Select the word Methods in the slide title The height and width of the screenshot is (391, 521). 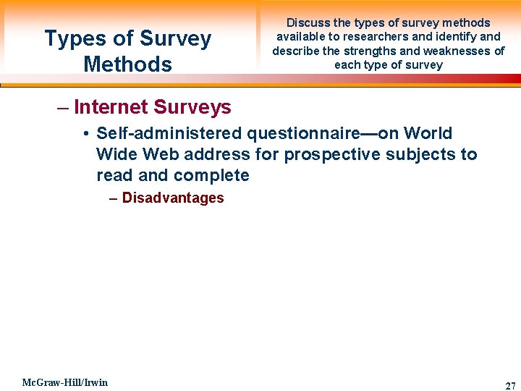[x=127, y=64]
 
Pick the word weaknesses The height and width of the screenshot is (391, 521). [x=465, y=51]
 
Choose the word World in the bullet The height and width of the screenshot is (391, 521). [x=428, y=133]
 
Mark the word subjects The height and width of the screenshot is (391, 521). [x=421, y=154]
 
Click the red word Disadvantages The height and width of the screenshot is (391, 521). [x=173, y=198]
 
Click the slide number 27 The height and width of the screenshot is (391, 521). [x=510, y=386]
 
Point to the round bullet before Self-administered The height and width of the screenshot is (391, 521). [x=85, y=134]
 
